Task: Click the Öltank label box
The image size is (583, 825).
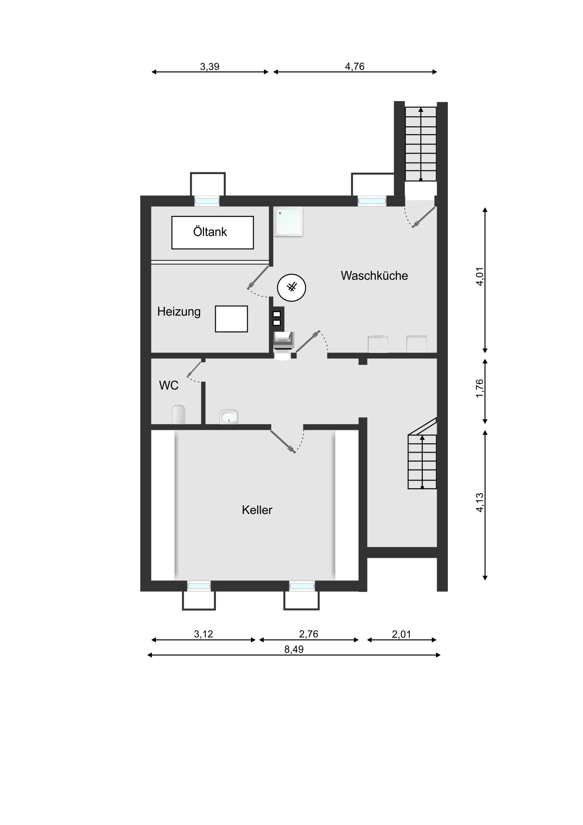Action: coord(213,232)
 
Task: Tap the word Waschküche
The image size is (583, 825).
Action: coord(374,275)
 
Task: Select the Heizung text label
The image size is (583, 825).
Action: coord(179,312)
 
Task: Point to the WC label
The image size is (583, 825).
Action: coord(169,385)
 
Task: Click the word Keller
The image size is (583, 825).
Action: coord(257,510)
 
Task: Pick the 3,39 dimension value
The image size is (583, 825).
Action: coord(210,66)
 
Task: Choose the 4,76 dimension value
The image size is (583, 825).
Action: coord(355,66)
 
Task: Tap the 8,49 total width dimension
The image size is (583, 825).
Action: coord(294,649)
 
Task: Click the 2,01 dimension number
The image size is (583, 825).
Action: coord(402,634)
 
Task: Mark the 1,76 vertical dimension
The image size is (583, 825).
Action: coord(480,388)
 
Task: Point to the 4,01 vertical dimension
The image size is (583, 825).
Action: coord(480,276)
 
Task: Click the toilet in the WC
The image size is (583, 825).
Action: coord(179,415)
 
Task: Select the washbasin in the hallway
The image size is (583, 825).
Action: coord(229,417)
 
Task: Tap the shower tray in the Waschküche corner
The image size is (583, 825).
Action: coord(288,221)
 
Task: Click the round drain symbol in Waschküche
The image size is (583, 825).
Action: coord(292,287)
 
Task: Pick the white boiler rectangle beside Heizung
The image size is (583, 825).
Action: coord(231,319)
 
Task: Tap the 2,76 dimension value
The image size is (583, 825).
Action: coord(309,634)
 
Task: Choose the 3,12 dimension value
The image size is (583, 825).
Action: coord(204,634)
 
